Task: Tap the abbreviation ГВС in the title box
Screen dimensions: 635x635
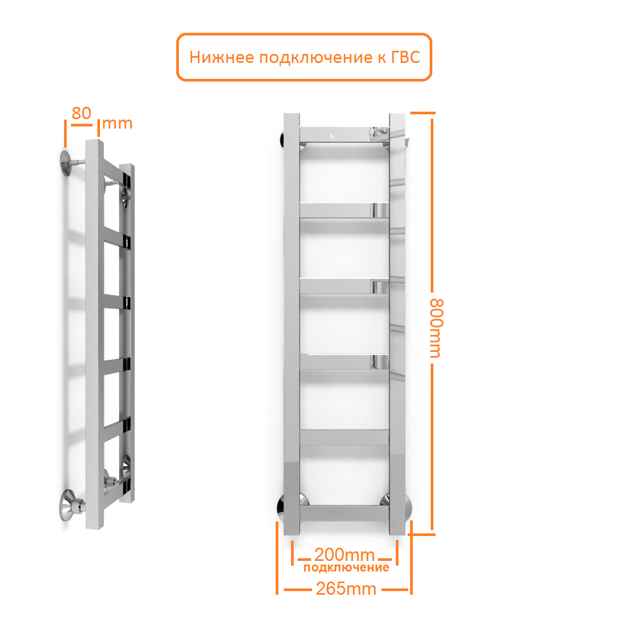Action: coord(405,57)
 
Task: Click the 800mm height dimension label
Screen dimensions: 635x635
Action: coord(437,328)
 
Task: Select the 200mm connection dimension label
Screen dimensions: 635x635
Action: coord(344,555)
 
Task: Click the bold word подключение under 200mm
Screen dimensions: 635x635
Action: coord(346,567)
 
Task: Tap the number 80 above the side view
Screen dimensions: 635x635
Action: coord(81,113)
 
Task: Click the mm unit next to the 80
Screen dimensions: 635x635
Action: coord(117,124)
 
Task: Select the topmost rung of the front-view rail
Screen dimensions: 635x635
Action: coord(344,135)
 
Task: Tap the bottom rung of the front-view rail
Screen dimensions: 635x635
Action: coord(344,513)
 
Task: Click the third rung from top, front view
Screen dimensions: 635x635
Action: coord(344,286)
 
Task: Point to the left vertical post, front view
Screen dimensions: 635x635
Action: coord(292,324)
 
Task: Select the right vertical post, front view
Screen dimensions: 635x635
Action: coord(397,324)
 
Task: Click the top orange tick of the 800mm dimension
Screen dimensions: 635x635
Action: coord(423,113)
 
